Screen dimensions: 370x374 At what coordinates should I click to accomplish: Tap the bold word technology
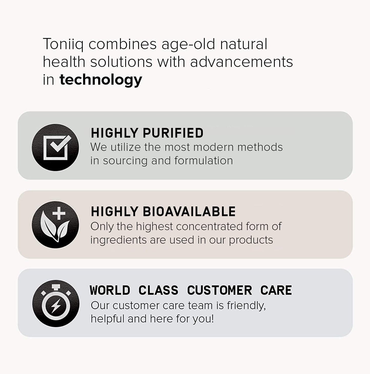pyautogui.click(x=101, y=80)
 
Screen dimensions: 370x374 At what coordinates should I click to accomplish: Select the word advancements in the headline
pyautogui.click(x=241, y=62)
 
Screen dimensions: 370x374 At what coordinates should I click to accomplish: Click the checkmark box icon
pyautogui.click(x=56, y=148)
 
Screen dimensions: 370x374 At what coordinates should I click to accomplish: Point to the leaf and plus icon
pyautogui.click(x=56, y=225)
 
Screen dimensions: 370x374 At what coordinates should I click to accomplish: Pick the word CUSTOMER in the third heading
pyautogui.click(x=219, y=290)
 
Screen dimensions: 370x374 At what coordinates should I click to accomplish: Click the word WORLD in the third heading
pyautogui.click(x=110, y=290)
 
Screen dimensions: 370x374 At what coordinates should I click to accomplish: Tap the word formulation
pyautogui.click(x=204, y=161)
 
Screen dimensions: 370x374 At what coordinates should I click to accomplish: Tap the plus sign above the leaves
pyautogui.click(x=59, y=213)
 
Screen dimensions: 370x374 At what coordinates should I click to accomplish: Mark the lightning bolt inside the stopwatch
pyautogui.click(x=56, y=307)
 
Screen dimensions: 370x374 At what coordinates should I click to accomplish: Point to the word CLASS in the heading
pyautogui.click(x=158, y=290)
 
